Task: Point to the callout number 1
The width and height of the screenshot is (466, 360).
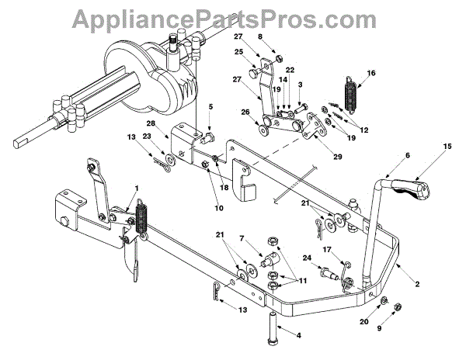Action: point(137,189)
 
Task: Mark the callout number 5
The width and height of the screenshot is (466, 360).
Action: point(210,106)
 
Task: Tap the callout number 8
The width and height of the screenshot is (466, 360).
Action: point(261,36)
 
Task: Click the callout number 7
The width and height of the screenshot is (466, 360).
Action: point(242,239)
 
